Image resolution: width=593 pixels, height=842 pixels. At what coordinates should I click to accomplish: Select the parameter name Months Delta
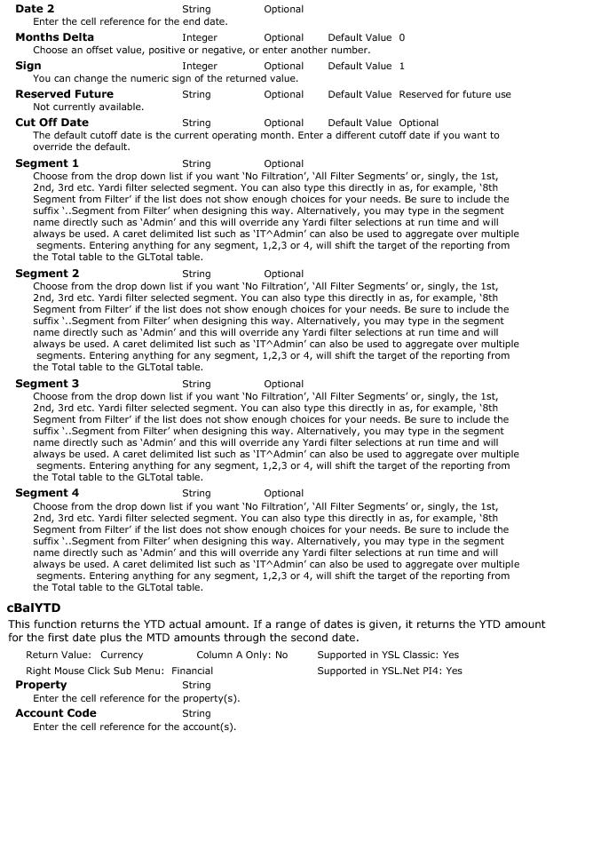pos(54,37)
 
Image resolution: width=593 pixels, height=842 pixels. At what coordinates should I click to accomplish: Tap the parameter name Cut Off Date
pos(51,123)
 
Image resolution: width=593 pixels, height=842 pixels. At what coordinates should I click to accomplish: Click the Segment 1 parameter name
pos(47,163)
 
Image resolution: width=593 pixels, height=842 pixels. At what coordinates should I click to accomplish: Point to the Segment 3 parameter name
pos(47,384)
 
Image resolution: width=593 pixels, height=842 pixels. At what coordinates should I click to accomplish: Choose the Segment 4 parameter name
pos(47,493)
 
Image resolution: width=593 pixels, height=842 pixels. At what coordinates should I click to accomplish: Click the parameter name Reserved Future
pos(64,94)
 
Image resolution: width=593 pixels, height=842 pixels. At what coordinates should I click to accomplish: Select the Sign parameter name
pos(28,66)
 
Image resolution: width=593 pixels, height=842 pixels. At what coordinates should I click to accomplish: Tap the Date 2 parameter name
pos(35,9)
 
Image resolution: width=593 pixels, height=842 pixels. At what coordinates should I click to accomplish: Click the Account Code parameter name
pos(56,713)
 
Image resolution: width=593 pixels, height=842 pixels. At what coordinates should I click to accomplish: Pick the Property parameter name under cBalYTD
pos(41,685)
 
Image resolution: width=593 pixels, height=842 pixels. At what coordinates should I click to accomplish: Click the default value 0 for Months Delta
pos(402,38)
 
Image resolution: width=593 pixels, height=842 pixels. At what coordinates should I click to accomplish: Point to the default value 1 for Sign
pos(402,67)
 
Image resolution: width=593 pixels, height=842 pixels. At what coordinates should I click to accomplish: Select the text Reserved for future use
pos(455,95)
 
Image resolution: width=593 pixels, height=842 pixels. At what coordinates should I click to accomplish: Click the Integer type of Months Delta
pos(200,38)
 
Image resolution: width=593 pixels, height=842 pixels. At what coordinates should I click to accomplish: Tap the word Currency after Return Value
pos(122,655)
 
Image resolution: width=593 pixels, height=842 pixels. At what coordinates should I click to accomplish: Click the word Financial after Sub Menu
pos(192,671)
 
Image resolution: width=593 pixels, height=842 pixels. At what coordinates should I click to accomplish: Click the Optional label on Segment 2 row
pos(284,274)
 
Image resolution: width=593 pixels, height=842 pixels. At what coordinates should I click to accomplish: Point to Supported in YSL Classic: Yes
pos(388,655)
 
